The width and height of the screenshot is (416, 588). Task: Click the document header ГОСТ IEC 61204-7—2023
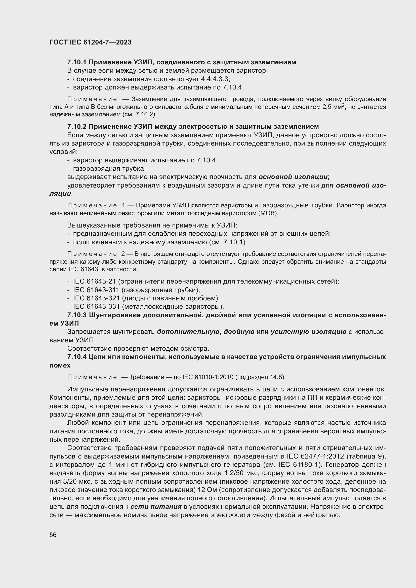tap(91, 42)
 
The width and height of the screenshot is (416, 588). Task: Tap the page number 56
tap(53, 535)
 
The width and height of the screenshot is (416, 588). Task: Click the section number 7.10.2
tap(77, 126)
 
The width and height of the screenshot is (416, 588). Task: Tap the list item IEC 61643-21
tap(95, 282)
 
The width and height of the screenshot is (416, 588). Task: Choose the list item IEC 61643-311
tap(96, 290)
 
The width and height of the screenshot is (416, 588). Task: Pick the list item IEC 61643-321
tap(96, 298)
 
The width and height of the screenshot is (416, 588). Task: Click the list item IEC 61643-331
tap(96, 306)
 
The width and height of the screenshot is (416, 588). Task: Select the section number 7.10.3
tap(77, 315)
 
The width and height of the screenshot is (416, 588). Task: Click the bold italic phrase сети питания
tap(156, 507)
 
